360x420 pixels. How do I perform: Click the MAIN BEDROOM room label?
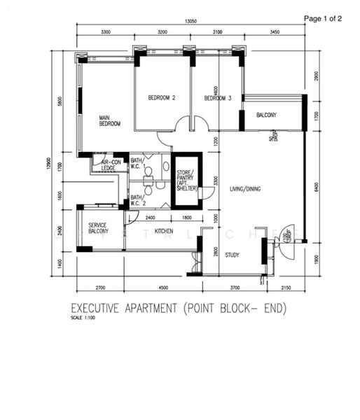tap(109, 120)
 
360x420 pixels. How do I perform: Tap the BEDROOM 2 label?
tap(161, 98)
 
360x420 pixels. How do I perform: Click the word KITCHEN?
tap(164, 231)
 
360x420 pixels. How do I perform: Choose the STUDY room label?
tap(232, 254)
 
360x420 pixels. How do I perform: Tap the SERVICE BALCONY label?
tap(98, 230)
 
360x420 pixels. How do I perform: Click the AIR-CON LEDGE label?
tap(109, 165)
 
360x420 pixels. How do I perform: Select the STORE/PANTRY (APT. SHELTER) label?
tap(187, 181)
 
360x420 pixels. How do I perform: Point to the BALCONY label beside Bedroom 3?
tap(266, 115)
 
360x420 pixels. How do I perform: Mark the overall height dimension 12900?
tap(49, 162)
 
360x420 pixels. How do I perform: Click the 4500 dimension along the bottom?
tap(162, 287)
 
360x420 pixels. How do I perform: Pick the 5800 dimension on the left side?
tap(61, 101)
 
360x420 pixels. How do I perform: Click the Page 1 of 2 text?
tap(323, 19)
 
